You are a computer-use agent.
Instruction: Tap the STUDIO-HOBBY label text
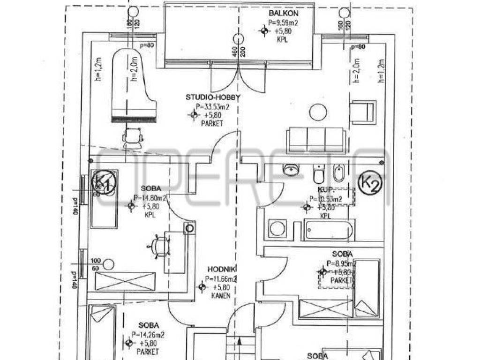coord(213,97)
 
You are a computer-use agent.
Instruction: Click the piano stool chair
coord(132,137)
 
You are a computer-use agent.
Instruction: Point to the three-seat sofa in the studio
coord(317,140)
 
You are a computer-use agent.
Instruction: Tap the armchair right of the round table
coord(363,112)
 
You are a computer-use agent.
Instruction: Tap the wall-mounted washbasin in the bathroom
coord(292,169)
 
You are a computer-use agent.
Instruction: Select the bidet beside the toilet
coord(338,173)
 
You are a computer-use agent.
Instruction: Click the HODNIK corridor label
coord(222,269)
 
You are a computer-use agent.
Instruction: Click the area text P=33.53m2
coord(214,106)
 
